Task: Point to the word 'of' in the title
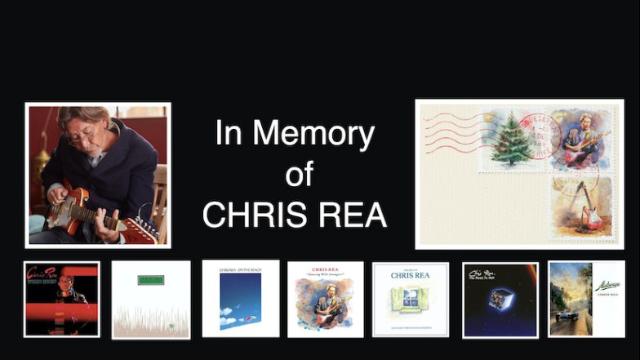(300, 174)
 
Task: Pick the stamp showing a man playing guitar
(581, 140)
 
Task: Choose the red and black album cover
(62, 299)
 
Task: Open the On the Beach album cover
(241, 299)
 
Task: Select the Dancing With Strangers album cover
(326, 300)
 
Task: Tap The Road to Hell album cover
(500, 300)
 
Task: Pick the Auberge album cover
(587, 299)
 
